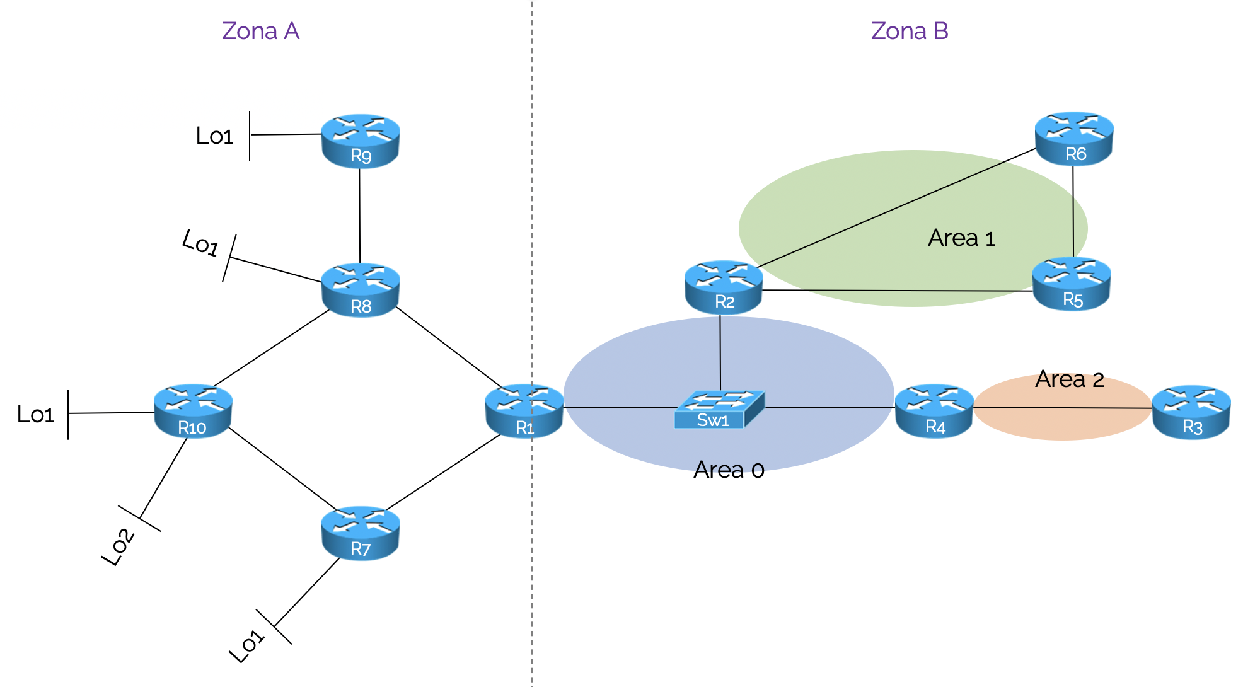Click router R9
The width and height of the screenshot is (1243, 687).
361,141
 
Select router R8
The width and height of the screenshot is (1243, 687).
361,290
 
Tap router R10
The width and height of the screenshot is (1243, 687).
193,411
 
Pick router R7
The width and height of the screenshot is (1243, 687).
361,533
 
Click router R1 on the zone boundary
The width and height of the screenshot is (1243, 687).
524,411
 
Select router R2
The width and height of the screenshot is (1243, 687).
724,287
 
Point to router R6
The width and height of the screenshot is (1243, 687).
1074,139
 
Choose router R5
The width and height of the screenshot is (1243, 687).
1072,284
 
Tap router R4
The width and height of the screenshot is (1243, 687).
934,411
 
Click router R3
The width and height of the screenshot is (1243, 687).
1191,412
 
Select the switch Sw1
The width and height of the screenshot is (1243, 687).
719,410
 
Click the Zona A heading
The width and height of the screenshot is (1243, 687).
260,31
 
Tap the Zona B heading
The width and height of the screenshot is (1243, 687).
909,31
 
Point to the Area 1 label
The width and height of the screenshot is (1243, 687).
961,238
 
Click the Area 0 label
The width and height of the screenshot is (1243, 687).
729,470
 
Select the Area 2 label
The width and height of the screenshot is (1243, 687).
1069,379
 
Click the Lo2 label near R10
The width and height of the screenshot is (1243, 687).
118,546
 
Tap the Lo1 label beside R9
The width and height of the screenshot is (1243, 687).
214,136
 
